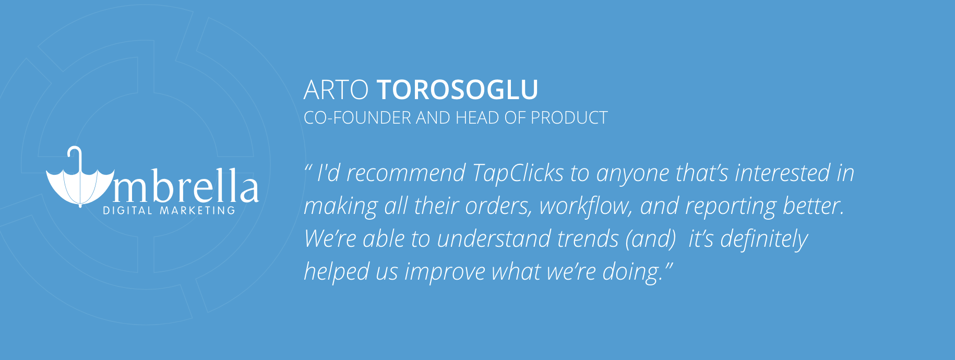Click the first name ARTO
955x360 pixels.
coord(336,90)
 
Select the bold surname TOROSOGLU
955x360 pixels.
coord(457,90)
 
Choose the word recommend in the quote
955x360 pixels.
coord(406,173)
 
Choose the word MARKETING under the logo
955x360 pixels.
coord(198,211)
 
